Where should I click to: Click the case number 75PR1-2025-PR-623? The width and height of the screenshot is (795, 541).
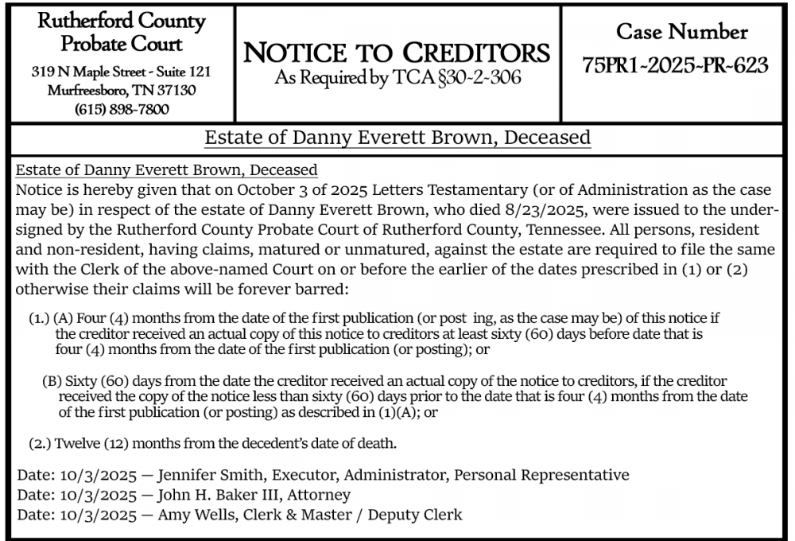coord(676,66)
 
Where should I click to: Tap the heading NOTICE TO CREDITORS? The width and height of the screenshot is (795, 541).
coord(397,53)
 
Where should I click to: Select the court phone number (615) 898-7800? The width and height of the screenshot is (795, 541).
coord(122,109)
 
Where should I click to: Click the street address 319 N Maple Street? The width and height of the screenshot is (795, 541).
coord(87,72)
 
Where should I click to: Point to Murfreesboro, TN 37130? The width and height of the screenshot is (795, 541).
coord(122,90)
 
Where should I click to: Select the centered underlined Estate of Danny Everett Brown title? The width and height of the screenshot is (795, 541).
coord(397,138)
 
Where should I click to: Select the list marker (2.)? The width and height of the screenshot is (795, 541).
coord(40,442)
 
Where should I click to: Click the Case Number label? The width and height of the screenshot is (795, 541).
coord(682,32)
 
